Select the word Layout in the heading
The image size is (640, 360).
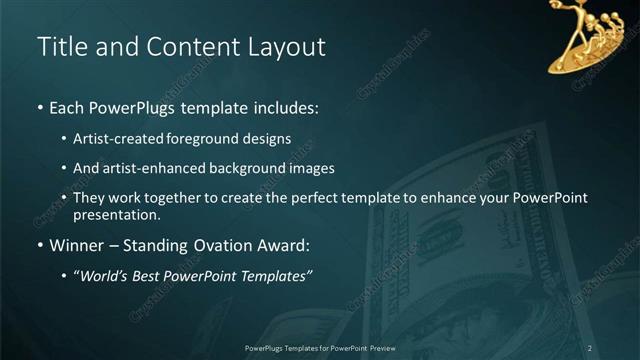point(286,46)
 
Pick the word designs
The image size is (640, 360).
point(267,139)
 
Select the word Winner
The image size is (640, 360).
point(77,244)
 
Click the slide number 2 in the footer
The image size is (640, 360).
point(589,347)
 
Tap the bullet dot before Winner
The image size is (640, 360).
point(40,245)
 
